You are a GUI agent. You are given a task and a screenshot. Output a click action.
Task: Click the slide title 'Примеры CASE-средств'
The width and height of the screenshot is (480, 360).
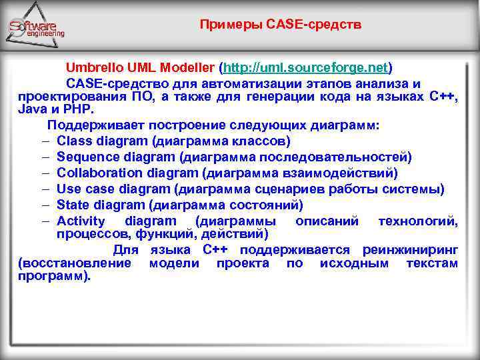tap(281, 25)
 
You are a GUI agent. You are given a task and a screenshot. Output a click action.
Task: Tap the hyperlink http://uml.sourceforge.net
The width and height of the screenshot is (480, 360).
tap(306, 68)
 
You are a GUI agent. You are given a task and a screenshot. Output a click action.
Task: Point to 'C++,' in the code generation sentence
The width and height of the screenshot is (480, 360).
tap(444, 97)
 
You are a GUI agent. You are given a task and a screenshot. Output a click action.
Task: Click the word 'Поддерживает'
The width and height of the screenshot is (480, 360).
tap(89, 126)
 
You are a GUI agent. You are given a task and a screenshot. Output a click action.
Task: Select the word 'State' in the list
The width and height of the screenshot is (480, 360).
tap(73, 205)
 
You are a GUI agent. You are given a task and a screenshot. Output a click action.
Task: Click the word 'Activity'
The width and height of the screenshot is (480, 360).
tap(81, 221)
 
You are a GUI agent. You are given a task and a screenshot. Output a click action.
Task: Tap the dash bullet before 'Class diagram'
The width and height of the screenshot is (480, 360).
tap(43, 141)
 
